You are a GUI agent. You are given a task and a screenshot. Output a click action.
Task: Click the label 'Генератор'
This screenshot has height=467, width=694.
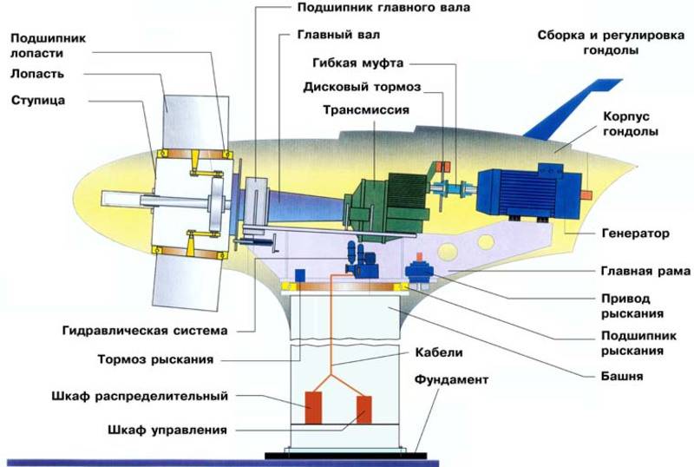coord(636,233)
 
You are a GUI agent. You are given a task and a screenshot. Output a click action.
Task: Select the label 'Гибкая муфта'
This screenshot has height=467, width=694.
coord(358,62)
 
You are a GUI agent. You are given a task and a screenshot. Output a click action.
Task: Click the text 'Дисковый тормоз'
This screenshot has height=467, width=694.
coord(362,87)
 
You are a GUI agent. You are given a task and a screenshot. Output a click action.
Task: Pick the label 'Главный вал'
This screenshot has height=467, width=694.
coord(338,35)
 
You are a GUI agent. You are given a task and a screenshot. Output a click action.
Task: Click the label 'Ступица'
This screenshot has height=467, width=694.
coord(38,101)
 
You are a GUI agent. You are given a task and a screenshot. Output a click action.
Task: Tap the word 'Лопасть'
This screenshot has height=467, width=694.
coord(37,74)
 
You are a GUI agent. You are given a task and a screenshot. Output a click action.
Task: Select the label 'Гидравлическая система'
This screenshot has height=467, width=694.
coord(145,331)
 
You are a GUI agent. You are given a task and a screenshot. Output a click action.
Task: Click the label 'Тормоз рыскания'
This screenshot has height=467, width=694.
coord(155,358)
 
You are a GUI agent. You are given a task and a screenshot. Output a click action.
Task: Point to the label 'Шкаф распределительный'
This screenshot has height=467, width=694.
coord(140,396)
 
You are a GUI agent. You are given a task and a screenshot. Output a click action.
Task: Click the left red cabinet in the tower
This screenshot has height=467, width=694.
coord(313,407)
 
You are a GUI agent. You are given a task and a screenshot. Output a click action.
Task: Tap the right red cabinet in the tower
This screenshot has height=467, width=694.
coord(364,410)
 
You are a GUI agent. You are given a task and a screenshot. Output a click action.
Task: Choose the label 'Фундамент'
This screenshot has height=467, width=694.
coord(451,379)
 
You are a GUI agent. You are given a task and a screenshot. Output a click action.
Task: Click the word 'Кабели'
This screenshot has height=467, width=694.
coord(439,352)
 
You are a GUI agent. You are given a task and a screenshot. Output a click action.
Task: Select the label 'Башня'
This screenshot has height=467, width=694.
coord(622,376)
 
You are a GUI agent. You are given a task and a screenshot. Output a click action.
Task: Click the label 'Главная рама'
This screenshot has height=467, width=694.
coord(645,271)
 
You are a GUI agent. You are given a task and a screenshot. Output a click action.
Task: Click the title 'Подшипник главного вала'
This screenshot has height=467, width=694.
coord(383,8)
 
